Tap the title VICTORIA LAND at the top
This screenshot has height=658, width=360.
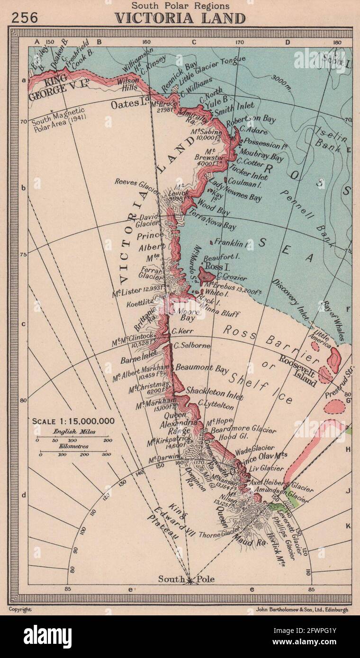tap(180, 18)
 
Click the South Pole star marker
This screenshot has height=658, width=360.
tap(189, 579)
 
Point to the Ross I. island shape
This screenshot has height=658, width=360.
tap(207, 274)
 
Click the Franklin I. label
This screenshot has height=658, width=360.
tap(232, 243)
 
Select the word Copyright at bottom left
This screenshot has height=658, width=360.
tap(20, 610)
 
